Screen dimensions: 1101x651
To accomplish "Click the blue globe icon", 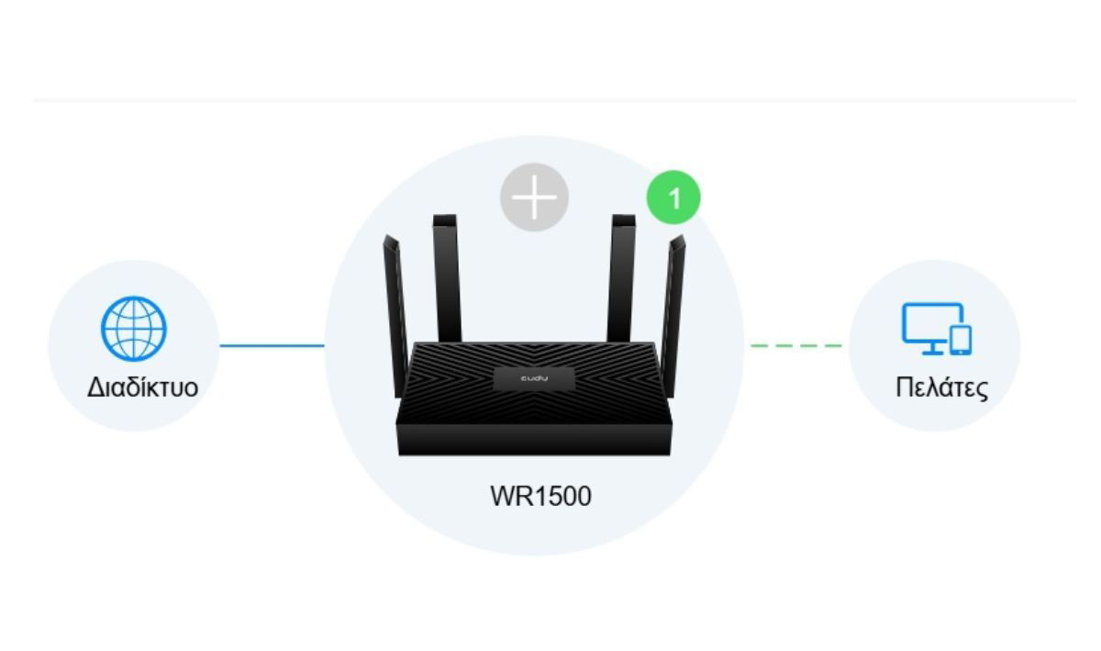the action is (134, 329).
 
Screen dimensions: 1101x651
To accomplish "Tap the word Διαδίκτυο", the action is (142, 387).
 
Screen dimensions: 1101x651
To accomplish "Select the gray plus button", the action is (534, 197).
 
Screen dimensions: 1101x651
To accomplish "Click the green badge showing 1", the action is (673, 197).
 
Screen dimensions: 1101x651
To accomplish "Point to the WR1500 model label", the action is (540, 496).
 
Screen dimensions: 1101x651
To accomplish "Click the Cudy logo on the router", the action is (534, 378).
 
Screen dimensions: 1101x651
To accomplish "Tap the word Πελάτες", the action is (941, 387).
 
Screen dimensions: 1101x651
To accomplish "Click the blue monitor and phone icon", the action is (937, 329).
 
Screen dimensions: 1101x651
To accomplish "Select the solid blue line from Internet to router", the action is (272, 345).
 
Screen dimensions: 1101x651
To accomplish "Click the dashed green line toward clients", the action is (796, 345).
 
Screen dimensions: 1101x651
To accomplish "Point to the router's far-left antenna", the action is (395, 315).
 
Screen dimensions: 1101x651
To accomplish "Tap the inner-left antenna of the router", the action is (447, 278).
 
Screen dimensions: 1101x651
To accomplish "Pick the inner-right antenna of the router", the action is (621, 278).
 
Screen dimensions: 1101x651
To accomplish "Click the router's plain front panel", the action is (534, 440).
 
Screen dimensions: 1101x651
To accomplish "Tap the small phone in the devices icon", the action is (961, 340).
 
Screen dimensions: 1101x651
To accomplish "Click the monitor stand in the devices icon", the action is (932, 348).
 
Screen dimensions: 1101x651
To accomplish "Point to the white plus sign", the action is (534, 197).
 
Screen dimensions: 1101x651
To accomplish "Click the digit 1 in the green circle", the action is (674, 198).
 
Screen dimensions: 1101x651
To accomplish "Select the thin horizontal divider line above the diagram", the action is (554, 100).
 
